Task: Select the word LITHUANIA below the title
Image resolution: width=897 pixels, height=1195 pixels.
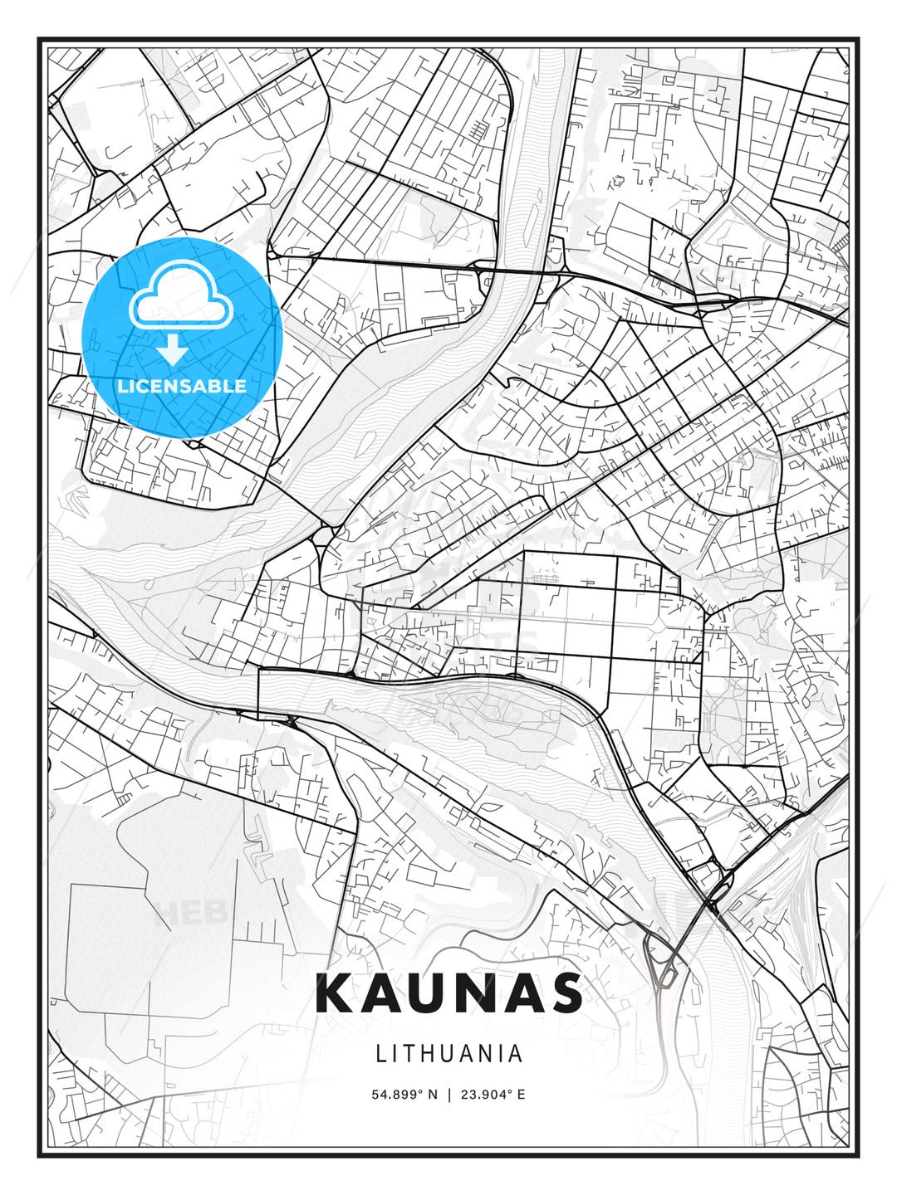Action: tap(449, 1053)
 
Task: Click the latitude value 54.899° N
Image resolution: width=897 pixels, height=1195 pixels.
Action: tap(404, 1095)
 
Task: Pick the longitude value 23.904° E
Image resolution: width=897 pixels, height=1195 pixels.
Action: tap(493, 1095)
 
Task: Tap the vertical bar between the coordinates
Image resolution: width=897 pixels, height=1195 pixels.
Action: tap(449, 1095)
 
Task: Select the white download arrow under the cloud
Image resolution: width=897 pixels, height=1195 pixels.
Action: tap(173, 349)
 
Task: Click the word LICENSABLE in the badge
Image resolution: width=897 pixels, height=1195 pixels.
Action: tap(182, 386)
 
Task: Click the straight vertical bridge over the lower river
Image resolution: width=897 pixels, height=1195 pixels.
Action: tap(258, 693)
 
